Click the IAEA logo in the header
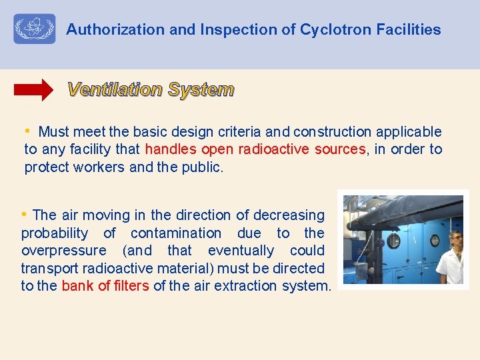pyautogui.click(x=35, y=29)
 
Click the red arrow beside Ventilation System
pyautogui.click(x=34, y=89)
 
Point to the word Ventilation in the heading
pyautogui.click(x=115, y=89)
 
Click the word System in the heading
pyautogui.click(x=201, y=89)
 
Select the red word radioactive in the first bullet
pyautogui.click(x=273, y=149)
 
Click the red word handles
pyautogui.click(x=171, y=149)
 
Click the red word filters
pyautogui.click(x=130, y=285)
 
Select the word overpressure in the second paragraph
pyautogui.click(x=63, y=251)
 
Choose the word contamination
pyautogui.click(x=176, y=233)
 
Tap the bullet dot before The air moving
pyautogui.click(x=25, y=214)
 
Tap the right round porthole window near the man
pyautogui.click(x=435, y=240)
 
